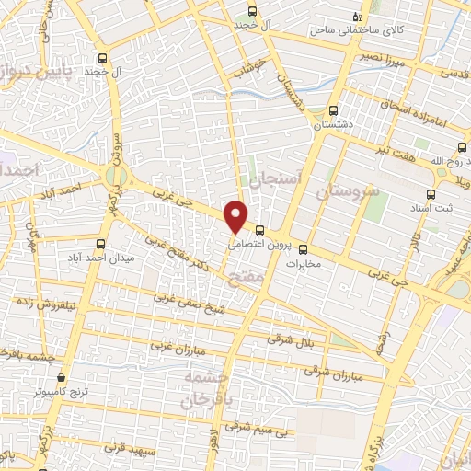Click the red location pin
[236, 215]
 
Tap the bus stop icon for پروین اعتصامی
[260, 230]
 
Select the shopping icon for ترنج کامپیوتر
[62, 377]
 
